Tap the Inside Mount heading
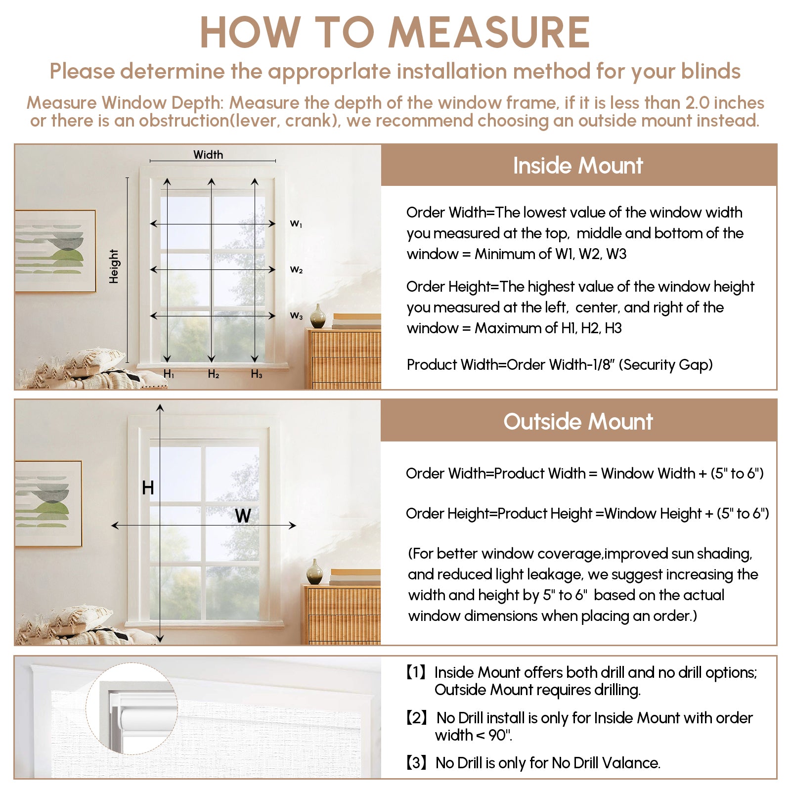578,166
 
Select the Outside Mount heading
578,422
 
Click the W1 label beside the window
296,224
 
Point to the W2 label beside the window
296,270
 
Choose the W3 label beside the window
296,315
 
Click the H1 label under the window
169,374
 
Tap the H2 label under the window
213,374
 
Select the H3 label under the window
256,374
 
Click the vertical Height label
114,266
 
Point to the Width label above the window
208,155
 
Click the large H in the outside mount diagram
148,488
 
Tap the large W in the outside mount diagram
243,516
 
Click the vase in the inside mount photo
317,316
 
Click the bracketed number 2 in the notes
416,718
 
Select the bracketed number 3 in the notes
416,763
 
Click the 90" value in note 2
499,736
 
